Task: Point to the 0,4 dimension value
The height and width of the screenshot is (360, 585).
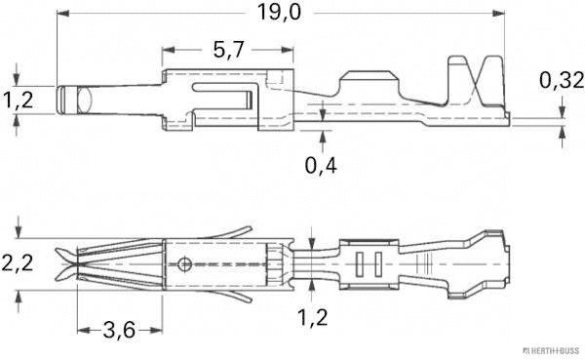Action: point(323,165)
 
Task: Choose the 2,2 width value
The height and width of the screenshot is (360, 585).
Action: point(17,262)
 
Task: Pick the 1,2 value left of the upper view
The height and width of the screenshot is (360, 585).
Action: point(17,100)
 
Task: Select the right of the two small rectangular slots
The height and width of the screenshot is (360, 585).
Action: point(375,262)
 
